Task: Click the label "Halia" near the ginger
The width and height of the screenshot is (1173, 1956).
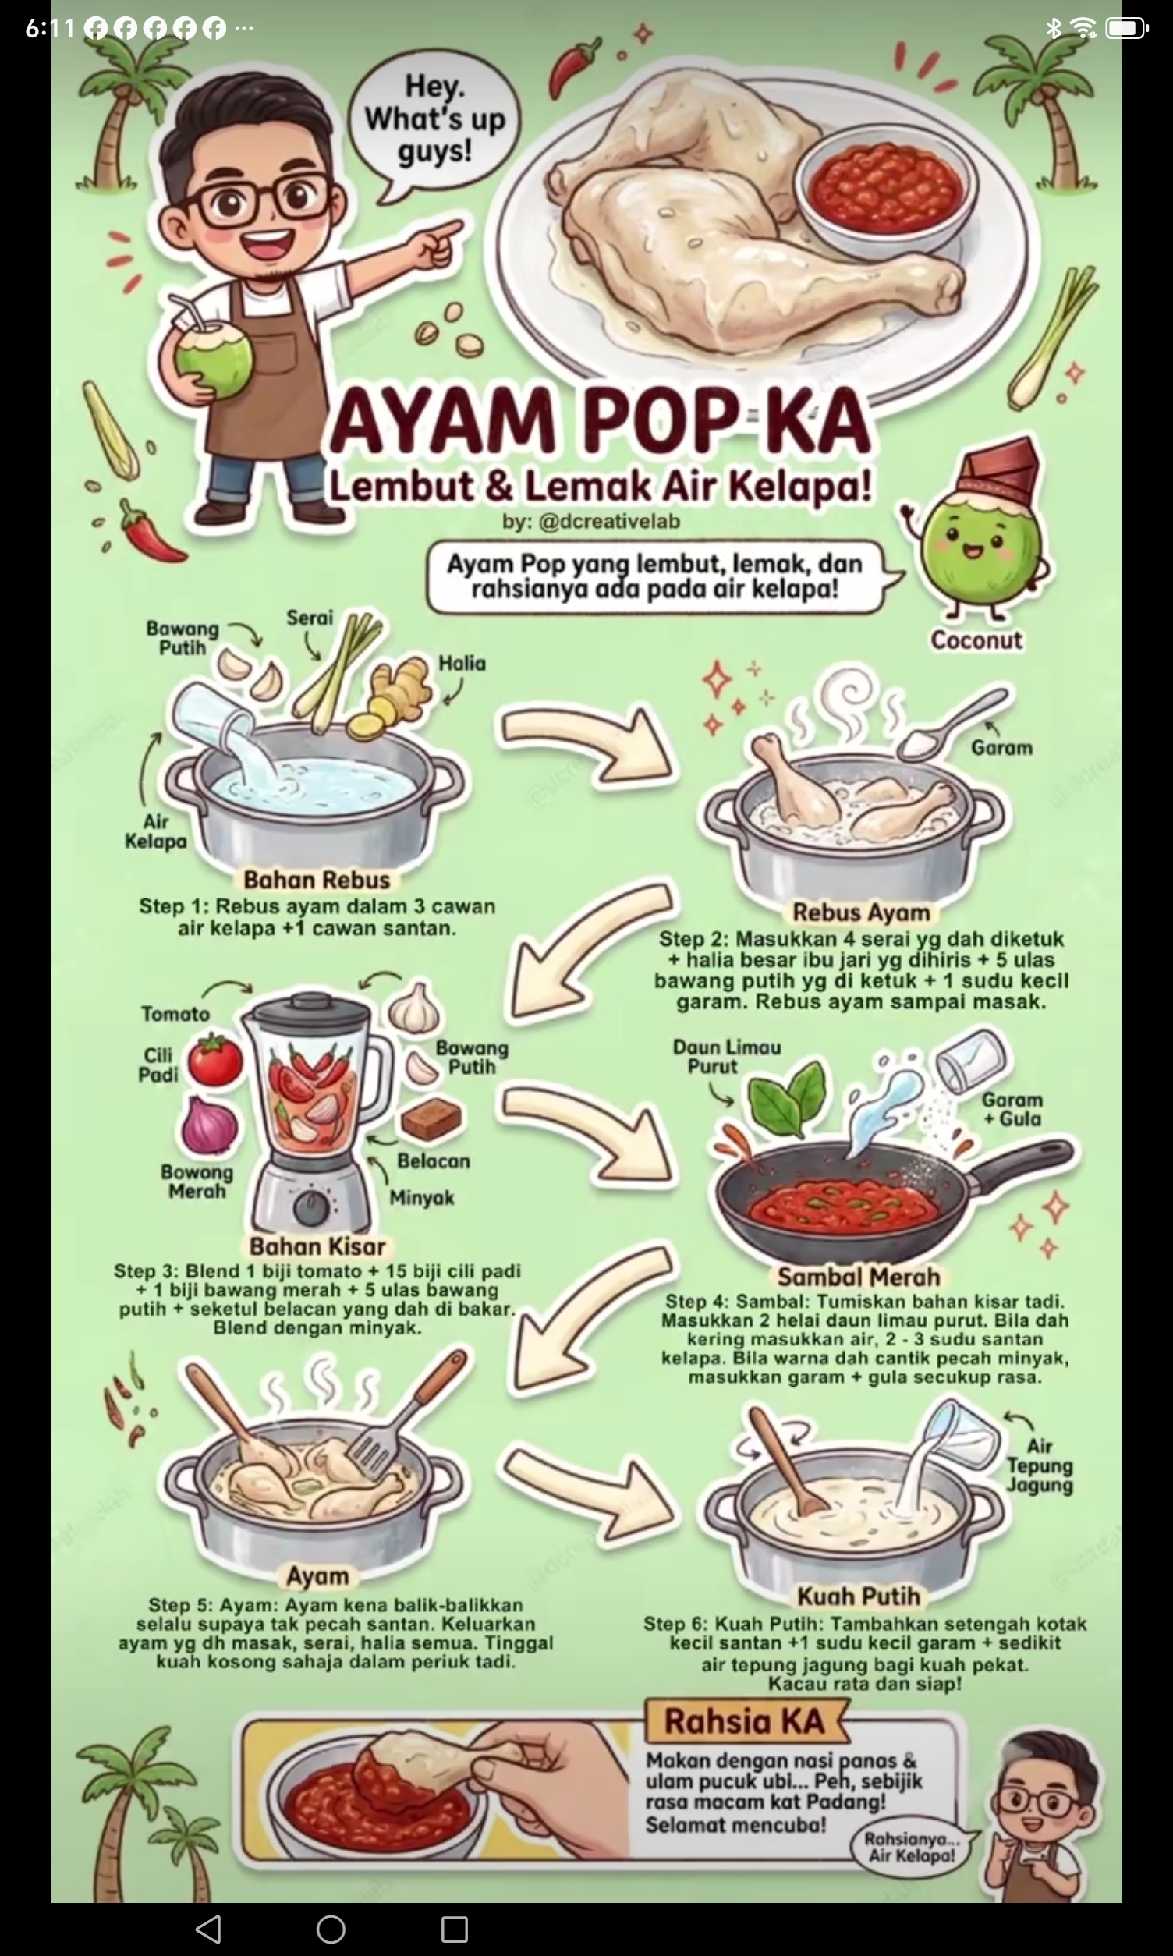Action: tap(462, 662)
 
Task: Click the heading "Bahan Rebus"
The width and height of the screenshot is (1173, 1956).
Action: tap(317, 880)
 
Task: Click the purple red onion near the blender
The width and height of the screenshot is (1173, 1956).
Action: tap(210, 1124)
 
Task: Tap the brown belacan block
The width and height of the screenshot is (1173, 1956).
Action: tap(431, 1118)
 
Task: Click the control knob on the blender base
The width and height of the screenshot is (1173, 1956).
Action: tap(310, 1206)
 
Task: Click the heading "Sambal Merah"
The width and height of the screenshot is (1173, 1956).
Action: tap(859, 1277)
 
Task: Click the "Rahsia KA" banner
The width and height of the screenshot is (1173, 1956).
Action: tap(745, 1720)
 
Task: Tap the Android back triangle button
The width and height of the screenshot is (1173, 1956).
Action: tap(208, 1930)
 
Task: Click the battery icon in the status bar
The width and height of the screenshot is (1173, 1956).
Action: tap(1126, 28)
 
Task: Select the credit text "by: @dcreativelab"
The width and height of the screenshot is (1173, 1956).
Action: tap(590, 522)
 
